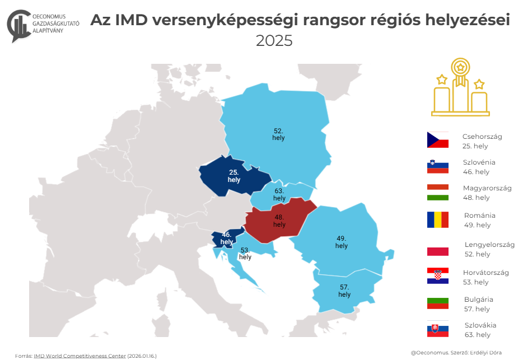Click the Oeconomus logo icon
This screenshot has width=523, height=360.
[x=18, y=25]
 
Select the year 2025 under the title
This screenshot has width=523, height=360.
[x=274, y=41]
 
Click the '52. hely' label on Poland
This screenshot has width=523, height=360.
[x=278, y=134]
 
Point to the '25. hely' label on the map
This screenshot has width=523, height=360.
[x=234, y=176]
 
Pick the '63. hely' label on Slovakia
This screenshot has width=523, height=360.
[x=279, y=195]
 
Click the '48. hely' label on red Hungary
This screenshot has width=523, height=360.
[x=279, y=221]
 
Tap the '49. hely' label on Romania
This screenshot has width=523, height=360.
[x=341, y=242]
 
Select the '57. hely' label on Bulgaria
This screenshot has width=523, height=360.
[x=344, y=290]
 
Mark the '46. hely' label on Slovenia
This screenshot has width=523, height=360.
[x=226, y=239]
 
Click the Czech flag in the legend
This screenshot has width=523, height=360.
[x=438, y=140]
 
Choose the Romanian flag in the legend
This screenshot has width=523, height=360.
[x=438, y=219]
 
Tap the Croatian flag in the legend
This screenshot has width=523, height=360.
[x=438, y=276]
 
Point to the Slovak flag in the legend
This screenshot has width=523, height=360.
[x=438, y=329]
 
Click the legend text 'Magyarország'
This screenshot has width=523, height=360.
[x=487, y=188]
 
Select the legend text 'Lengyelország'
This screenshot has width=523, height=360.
[x=489, y=245]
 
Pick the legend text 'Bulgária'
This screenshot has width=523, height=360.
[x=478, y=300]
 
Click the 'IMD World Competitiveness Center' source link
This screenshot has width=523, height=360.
[x=80, y=356]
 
